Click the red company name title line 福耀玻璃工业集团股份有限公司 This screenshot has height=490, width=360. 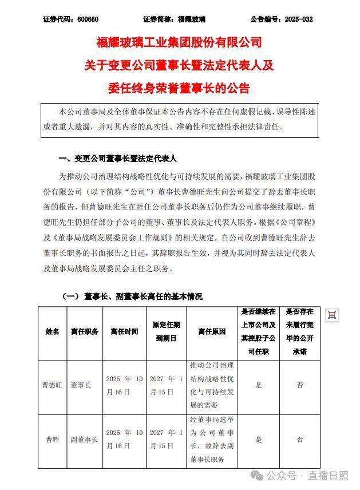(x=179, y=42)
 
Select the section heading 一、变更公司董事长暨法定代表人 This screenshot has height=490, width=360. (x=118, y=158)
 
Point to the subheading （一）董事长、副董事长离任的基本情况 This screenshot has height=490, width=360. (x=132, y=297)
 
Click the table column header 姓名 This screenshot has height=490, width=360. (x=53, y=331)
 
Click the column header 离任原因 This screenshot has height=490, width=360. (x=212, y=331)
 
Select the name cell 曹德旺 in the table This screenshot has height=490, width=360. (x=53, y=385)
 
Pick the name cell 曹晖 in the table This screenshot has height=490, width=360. (x=53, y=440)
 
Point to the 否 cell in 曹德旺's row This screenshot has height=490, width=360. (x=299, y=385)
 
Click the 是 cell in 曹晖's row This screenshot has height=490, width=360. (x=259, y=440)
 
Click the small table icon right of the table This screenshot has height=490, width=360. (x=332, y=314)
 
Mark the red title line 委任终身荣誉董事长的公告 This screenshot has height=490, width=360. (x=179, y=89)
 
